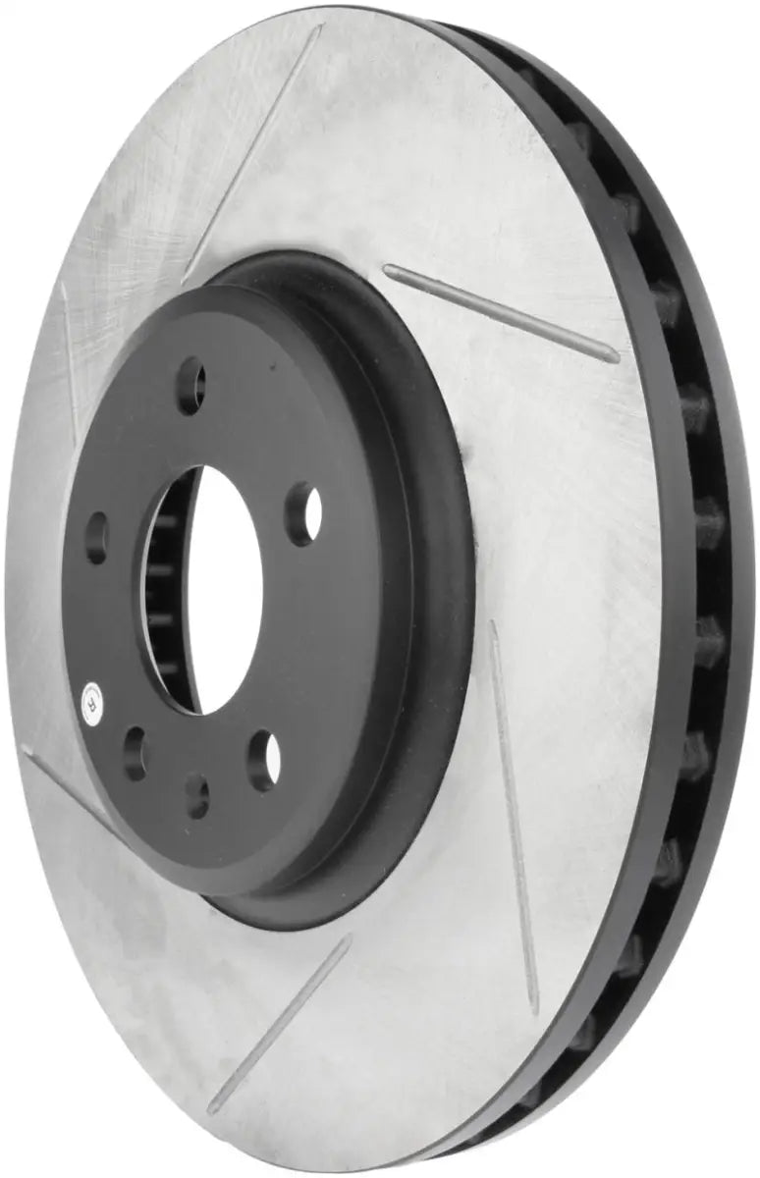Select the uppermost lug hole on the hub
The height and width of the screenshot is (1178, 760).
point(190,386)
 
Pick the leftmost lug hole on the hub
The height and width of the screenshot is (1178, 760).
point(96,536)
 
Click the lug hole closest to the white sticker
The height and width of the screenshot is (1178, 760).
point(135,753)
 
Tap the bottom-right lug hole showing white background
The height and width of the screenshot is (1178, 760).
point(264,761)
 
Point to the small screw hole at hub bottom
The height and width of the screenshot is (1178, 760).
point(197,795)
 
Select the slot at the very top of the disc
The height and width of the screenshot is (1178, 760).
point(255,147)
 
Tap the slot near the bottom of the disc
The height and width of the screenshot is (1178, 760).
point(280,1021)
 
